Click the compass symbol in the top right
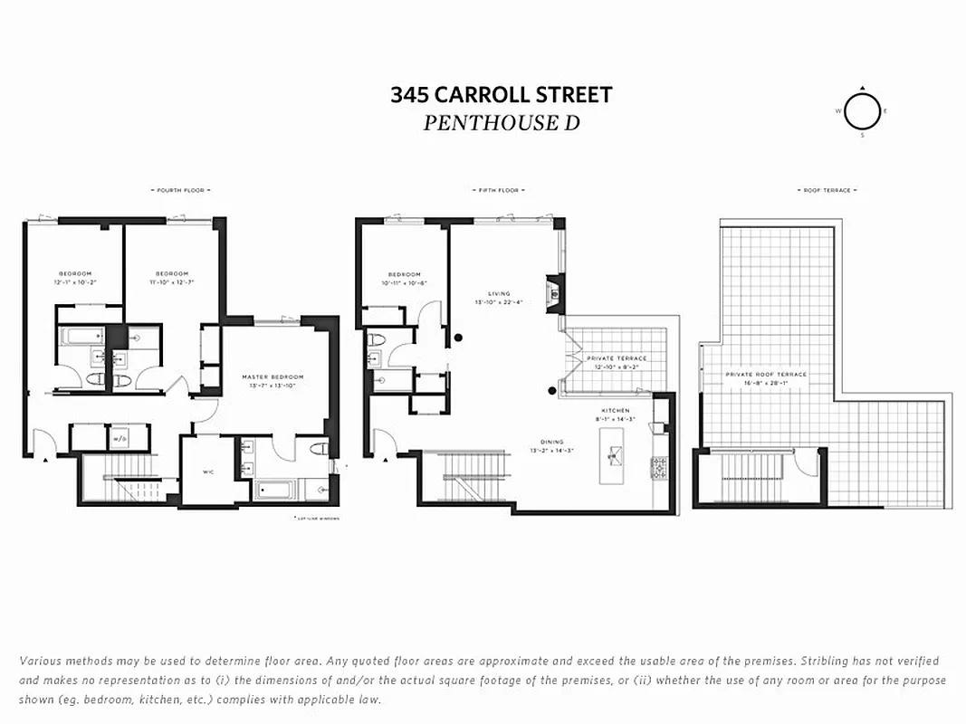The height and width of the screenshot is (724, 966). click(x=862, y=111)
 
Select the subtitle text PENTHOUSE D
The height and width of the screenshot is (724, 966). click(x=501, y=123)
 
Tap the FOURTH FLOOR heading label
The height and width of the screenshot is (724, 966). click(x=181, y=190)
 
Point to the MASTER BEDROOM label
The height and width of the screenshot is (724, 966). click(x=273, y=376)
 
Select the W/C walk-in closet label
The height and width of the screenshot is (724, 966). click(x=207, y=471)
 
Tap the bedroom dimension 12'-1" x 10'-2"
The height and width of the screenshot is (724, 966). click(x=75, y=282)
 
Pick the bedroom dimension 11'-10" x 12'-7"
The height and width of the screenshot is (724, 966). click(x=171, y=282)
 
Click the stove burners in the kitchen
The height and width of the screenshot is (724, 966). click(x=659, y=467)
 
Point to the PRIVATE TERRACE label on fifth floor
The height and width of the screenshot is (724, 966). click(x=616, y=358)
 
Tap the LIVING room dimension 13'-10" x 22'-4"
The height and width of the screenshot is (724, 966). click(x=499, y=302)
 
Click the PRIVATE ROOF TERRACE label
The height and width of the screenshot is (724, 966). click(x=765, y=374)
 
